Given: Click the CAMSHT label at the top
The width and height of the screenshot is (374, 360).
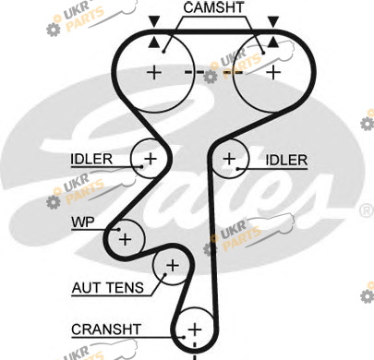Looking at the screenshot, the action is pyautogui.click(x=213, y=7).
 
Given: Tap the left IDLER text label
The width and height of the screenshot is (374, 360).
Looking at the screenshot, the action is pyautogui.click(x=91, y=159).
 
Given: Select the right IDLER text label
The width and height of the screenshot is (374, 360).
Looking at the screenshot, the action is pyautogui.click(x=286, y=160).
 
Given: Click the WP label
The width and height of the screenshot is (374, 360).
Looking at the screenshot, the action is pyautogui.click(x=83, y=222).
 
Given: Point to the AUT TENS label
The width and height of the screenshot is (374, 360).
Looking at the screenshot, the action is pyautogui.click(x=108, y=288).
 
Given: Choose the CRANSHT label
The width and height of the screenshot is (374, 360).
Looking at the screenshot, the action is pyautogui.click(x=106, y=330).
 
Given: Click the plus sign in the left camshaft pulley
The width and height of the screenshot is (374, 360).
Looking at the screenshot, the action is pyautogui.click(x=154, y=73).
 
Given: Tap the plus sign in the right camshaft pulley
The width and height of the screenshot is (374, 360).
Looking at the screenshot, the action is pyautogui.click(x=273, y=73).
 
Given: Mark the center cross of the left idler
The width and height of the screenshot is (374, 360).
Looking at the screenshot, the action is pyautogui.click(x=151, y=159).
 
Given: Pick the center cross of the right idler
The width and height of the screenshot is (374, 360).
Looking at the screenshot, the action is pyautogui.click(x=229, y=159).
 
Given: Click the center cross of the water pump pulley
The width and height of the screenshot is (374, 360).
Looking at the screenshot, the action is pyautogui.click(x=125, y=239).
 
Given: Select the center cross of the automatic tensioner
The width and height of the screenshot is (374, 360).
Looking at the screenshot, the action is pyautogui.click(x=173, y=265).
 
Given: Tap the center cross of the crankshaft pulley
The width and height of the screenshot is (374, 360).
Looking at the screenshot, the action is pyautogui.click(x=195, y=330).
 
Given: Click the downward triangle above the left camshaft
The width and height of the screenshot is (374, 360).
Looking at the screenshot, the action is pyautogui.click(x=154, y=21).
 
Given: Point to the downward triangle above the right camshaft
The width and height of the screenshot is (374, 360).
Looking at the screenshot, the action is pyautogui.click(x=273, y=21).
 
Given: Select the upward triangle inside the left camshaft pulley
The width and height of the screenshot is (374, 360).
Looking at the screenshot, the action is pyautogui.click(x=154, y=42).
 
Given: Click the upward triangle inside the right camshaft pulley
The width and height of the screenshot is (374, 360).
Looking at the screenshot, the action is pyautogui.click(x=273, y=42).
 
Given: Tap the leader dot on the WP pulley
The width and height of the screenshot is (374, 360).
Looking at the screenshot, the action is pyautogui.click(x=118, y=229).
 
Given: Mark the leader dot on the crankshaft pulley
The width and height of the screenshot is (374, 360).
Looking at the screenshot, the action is pyautogui.click(x=184, y=337).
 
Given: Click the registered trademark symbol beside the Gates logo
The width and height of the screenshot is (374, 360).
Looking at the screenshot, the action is pyautogui.click(x=366, y=210).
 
